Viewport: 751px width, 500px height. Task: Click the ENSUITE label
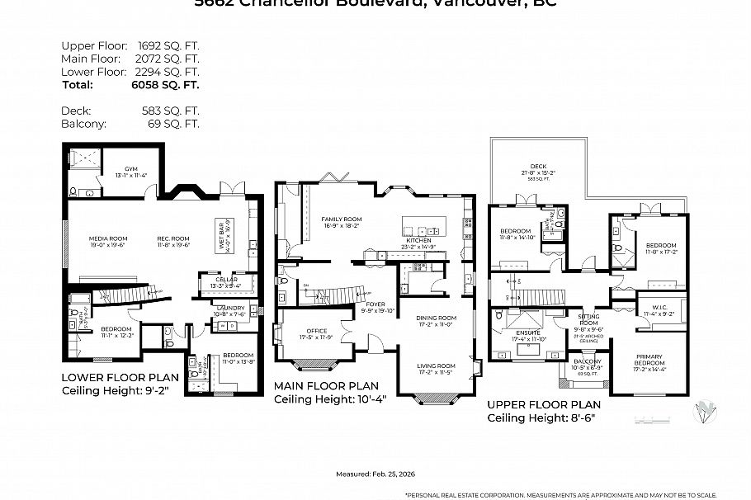[x=529, y=334]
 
